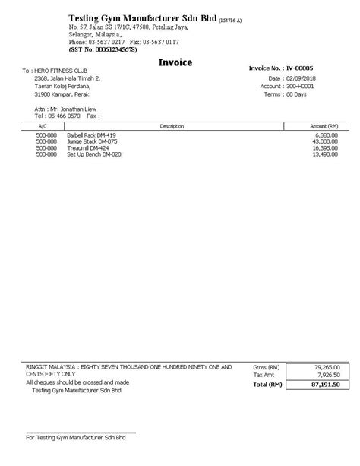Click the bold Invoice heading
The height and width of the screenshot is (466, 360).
(x=175, y=62)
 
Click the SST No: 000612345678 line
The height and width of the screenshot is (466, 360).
(x=103, y=49)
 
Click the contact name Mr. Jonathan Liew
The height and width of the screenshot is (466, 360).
(x=68, y=109)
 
